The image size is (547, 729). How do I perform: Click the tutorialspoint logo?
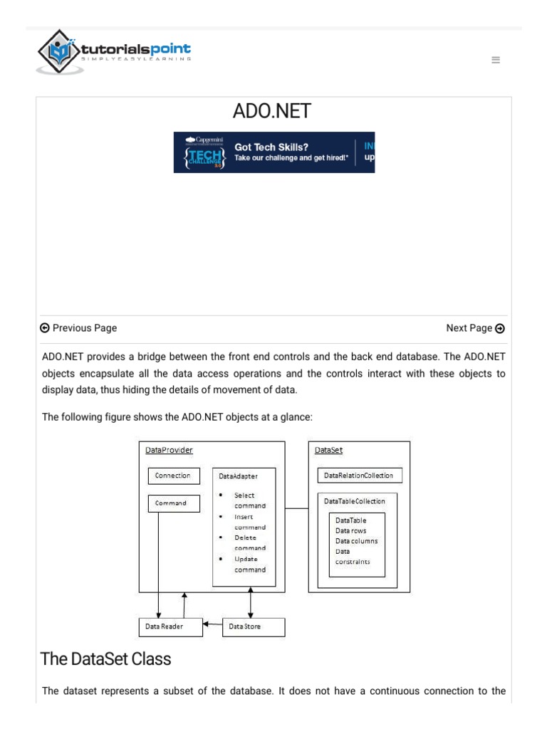click(x=114, y=52)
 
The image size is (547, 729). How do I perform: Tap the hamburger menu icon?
click(x=496, y=61)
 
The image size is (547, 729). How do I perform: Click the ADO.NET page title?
click(x=272, y=112)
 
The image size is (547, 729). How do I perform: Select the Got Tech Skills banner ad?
click(x=274, y=152)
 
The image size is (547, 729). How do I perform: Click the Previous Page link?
click(x=78, y=328)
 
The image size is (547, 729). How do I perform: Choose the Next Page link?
click(x=475, y=328)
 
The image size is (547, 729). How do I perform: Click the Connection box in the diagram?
click(x=172, y=476)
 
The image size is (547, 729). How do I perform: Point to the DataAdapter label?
click(x=239, y=476)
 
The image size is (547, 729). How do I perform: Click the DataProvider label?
click(x=169, y=450)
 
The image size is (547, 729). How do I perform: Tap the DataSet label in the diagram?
click(x=328, y=450)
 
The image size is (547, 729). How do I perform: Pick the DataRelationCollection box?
click(x=358, y=475)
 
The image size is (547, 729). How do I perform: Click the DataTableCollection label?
click(x=355, y=501)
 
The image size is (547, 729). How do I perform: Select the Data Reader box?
click(x=170, y=626)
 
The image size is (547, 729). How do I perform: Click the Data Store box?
click(x=253, y=626)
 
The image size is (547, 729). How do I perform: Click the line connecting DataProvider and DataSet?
click(x=296, y=508)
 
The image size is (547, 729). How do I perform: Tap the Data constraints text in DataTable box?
click(x=352, y=556)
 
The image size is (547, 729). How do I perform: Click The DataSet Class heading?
click(x=105, y=659)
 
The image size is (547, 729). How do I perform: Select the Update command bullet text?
click(x=250, y=565)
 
